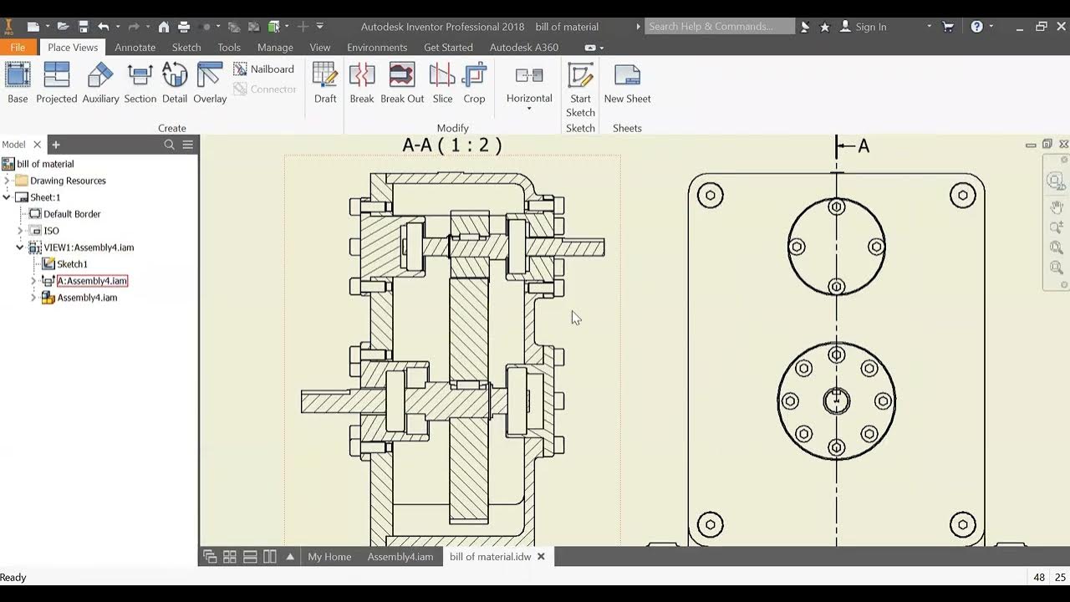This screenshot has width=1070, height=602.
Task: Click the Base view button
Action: pyautogui.click(x=18, y=84)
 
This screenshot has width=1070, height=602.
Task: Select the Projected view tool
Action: pyautogui.click(x=56, y=84)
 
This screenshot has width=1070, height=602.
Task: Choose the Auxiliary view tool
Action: pyautogui.click(x=100, y=84)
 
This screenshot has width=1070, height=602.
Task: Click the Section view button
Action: pyautogui.click(x=140, y=84)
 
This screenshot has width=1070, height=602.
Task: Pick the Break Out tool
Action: pyautogui.click(x=402, y=84)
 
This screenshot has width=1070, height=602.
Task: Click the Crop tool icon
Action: pyautogui.click(x=474, y=84)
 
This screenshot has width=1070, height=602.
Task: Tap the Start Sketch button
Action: pyautogui.click(x=580, y=90)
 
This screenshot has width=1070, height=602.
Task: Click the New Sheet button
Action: pyautogui.click(x=627, y=84)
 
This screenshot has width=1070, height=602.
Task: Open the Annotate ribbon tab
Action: pyautogui.click(x=135, y=48)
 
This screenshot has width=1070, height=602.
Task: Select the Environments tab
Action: pyautogui.click(x=377, y=48)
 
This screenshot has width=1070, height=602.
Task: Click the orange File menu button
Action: pyautogui.click(x=18, y=48)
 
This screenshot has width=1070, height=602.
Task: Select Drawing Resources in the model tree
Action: pyautogui.click(x=68, y=181)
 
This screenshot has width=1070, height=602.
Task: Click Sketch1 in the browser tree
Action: pyautogui.click(x=72, y=264)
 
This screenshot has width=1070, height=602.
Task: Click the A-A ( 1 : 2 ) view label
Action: pyautogui.click(x=452, y=145)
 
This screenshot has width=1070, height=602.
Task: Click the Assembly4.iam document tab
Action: pyautogui.click(x=400, y=557)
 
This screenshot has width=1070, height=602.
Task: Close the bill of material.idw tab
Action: pyautogui.click(x=541, y=557)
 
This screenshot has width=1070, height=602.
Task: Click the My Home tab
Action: pyautogui.click(x=329, y=557)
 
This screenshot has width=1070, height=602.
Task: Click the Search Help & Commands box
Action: pyautogui.click(x=719, y=27)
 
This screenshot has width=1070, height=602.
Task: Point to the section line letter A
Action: pyautogui.click(x=864, y=146)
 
